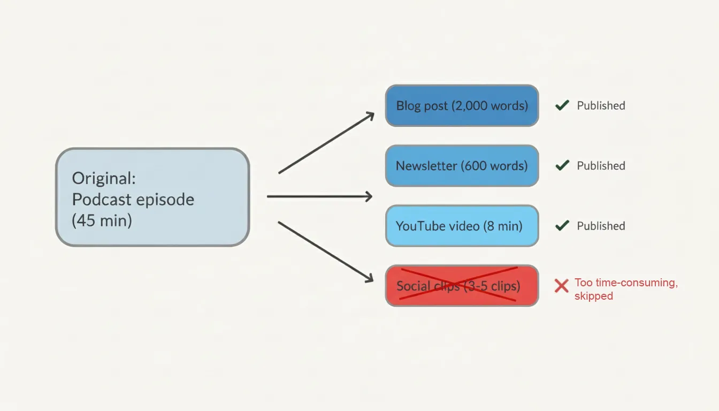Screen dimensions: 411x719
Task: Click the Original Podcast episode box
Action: click(152, 197)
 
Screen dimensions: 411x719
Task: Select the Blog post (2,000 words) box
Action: click(462, 105)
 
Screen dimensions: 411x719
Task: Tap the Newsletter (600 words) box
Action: click(462, 166)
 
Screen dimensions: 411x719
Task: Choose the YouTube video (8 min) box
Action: click(462, 226)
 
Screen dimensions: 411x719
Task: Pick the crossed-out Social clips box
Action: click(462, 286)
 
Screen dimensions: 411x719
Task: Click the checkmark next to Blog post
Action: click(562, 105)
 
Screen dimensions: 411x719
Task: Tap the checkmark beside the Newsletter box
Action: click(562, 166)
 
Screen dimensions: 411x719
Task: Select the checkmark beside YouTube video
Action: click(562, 226)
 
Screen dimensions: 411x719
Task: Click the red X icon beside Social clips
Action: click(561, 286)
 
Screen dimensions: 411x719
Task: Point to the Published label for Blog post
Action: click(601, 105)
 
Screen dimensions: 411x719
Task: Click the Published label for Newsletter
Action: click(601, 166)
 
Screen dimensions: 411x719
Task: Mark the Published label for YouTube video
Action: click(601, 226)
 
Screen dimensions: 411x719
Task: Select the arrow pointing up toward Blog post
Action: click(326, 143)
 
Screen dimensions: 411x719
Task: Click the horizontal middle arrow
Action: click(319, 196)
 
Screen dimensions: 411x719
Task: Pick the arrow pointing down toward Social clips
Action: click(325, 251)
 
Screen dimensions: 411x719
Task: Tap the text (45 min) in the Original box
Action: click(102, 220)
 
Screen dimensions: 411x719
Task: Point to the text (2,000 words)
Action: click(490, 105)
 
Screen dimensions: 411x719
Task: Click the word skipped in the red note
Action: click(593, 296)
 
